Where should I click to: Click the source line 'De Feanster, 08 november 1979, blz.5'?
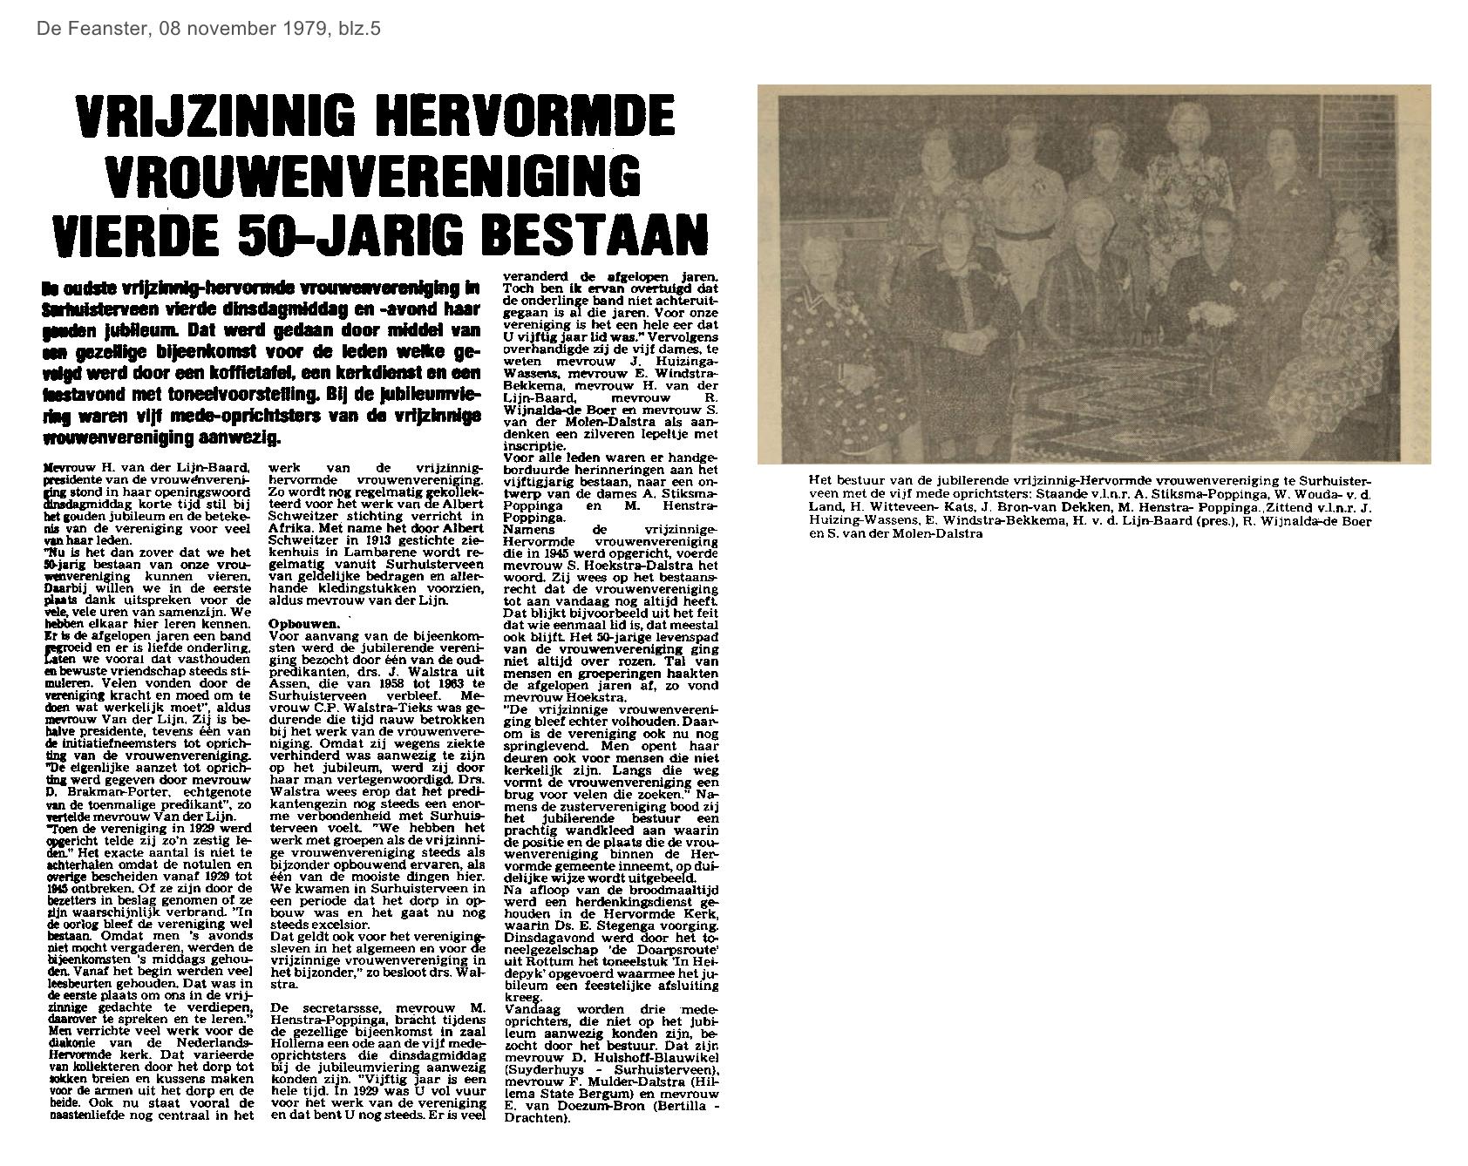(x=208, y=29)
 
